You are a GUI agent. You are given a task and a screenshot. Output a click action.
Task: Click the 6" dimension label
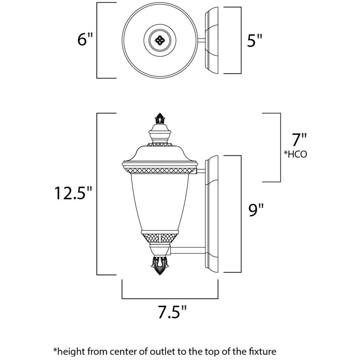[85, 40]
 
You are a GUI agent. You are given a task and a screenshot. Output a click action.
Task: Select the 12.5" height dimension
[74, 193]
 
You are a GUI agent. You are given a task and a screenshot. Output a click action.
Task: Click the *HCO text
[295, 154]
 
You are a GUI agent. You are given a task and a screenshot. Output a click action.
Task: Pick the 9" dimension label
[256, 209]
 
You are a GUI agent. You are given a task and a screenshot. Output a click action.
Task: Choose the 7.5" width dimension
[171, 311]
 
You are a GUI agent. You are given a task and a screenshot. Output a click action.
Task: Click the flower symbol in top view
[159, 40]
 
